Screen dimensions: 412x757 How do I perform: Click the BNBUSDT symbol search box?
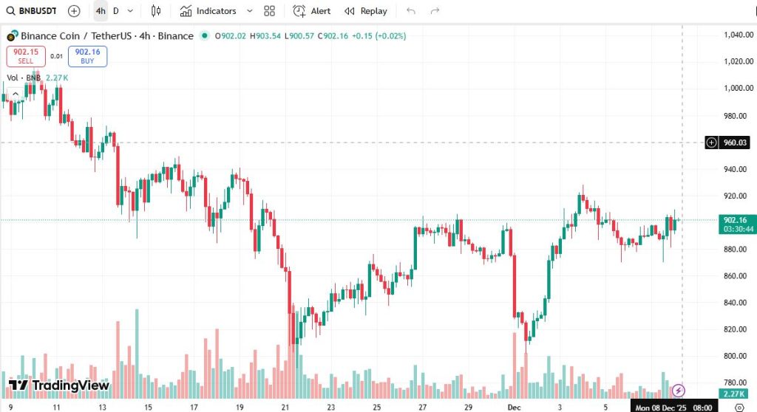33,11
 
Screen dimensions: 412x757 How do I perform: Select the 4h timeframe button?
101,11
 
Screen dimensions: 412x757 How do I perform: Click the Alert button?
312,11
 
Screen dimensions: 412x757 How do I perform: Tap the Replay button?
366,11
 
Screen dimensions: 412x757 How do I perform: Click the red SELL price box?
26,56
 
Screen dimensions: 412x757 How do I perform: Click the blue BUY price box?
87,56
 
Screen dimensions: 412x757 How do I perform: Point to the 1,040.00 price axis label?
739,35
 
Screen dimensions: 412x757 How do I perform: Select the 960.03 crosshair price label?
735,143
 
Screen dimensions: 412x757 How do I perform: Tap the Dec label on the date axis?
514,407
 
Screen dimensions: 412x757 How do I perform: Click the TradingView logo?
59,385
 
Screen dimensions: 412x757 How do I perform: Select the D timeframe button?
116,11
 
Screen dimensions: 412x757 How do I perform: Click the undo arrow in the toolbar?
411,11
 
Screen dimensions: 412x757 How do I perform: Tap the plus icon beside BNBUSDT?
74,11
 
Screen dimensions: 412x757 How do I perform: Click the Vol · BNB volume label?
24,78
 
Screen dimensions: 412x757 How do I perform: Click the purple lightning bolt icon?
679,390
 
